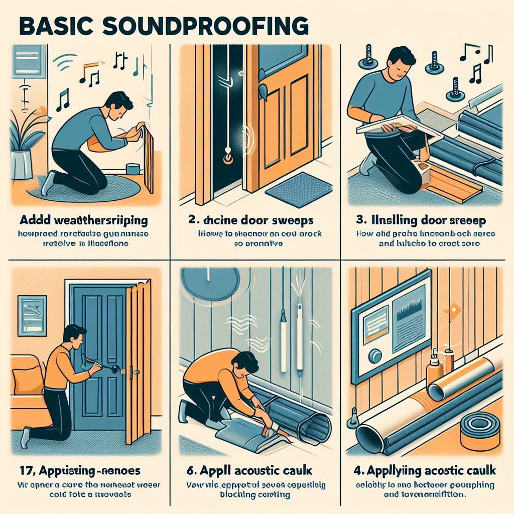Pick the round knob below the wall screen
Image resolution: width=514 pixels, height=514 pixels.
pos(375,357)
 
